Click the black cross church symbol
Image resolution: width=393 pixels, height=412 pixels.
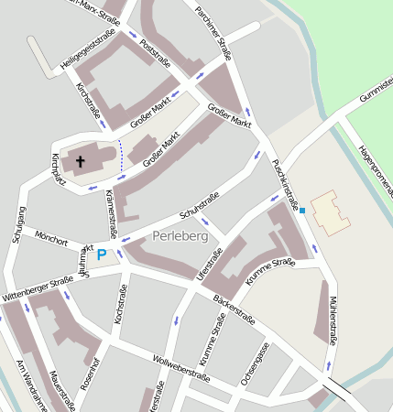tap(80, 162)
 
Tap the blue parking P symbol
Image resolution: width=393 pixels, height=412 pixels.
tap(103, 255)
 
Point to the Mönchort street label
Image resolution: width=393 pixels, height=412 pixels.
tap(51, 243)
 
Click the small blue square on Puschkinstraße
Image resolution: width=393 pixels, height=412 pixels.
tap(302, 210)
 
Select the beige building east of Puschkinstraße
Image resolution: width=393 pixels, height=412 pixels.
tap(329, 211)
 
